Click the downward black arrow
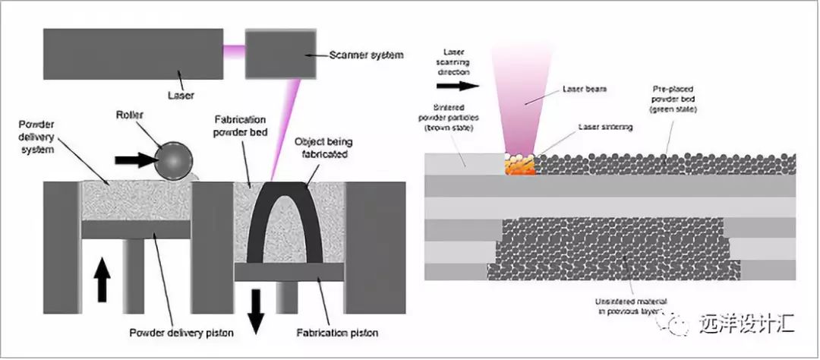point(255,311)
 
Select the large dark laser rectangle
point(133,54)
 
